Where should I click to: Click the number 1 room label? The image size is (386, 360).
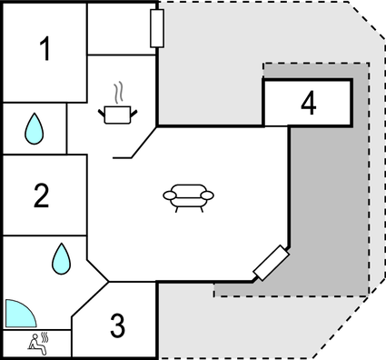(x=45, y=51)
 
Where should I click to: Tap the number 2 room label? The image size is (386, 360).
(x=41, y=195)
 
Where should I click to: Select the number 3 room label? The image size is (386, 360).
(x=117, y=325)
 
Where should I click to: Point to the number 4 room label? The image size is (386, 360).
(x=309, y=104)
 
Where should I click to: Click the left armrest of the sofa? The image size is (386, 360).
(x=169, y=194)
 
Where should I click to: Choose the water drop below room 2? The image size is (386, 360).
(x=61, y=258)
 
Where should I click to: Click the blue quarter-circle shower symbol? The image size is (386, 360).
(x=19, y=314)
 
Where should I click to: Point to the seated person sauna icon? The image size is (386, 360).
(x=36, y=343)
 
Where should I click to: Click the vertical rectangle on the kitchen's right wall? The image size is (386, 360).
(x=156, y=27)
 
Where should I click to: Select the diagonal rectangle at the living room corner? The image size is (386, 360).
(x=271, y=263)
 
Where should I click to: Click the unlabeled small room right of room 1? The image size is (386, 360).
(x=122, y=29)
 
